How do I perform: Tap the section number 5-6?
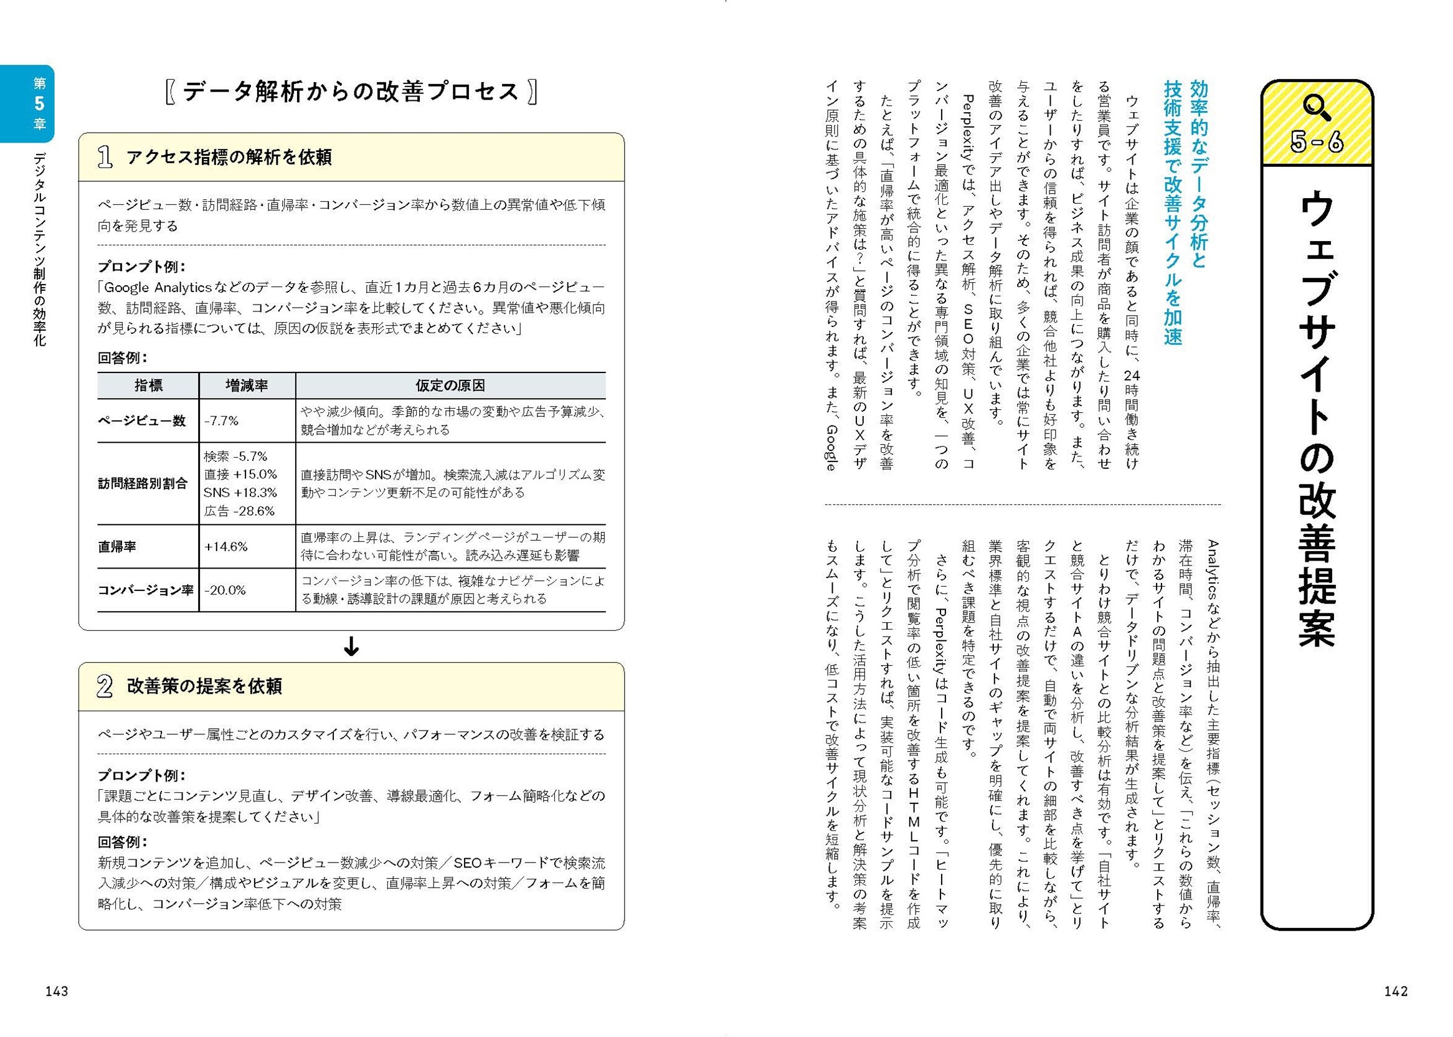(x=1317, y=143)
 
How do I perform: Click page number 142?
(x=1396, y=991)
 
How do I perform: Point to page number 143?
(x=57, y=991)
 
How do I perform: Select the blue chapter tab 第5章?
(x=40, y=103)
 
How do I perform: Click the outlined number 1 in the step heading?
(x=105, y=157)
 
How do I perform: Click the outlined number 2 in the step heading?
(x=105, y=686)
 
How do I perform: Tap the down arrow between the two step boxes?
(x=351, y=647)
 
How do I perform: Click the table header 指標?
(x=148, y=386)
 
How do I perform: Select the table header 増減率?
(x=247, y=386)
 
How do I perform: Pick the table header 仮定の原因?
(x=450, y=386)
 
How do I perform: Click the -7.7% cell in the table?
(x=221, y=421)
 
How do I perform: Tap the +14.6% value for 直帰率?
(x=225, y=547)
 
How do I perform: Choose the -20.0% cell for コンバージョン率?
(x=225, y=590)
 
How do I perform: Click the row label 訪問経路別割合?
(x=143, y=483)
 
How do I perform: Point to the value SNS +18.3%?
(x=240, y=492)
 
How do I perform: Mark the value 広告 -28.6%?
(x=239, y=511)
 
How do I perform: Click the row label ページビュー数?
(x=142, y=421)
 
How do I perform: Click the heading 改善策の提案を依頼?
(x=204, y=686)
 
